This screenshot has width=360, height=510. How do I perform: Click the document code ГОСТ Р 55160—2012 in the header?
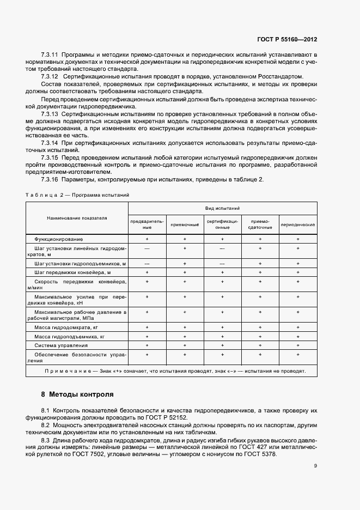click(x=286, y=40)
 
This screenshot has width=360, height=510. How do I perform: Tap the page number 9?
click(x=315, y=465)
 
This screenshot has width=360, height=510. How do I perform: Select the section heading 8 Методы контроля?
click(x=77, y=394)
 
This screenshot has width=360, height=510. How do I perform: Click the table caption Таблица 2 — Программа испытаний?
click(x=77, y=194)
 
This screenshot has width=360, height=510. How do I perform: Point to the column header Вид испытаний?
click(x=222, y=208)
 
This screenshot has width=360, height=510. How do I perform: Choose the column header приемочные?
click(x=185, y=224)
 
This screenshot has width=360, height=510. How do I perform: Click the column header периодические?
click(x=298, y=224)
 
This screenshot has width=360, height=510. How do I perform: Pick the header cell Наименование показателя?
click(x=77, y=217)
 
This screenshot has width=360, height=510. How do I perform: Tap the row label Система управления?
click(x=60, y=345)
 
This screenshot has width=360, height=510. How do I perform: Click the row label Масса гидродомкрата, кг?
click(x=66, y=328)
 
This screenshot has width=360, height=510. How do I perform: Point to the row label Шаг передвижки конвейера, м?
click(x=72, y=272)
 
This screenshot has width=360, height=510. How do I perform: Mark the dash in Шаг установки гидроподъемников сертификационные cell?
click(x=222, y=263)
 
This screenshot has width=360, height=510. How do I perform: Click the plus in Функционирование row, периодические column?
click(x=298, y=239)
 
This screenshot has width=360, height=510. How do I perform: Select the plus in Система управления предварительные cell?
click(x=147, y=345)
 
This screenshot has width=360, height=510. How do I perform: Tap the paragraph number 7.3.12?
click(x=50, y=77)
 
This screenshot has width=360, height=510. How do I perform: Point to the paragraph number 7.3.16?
click(x=50, y=180)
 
